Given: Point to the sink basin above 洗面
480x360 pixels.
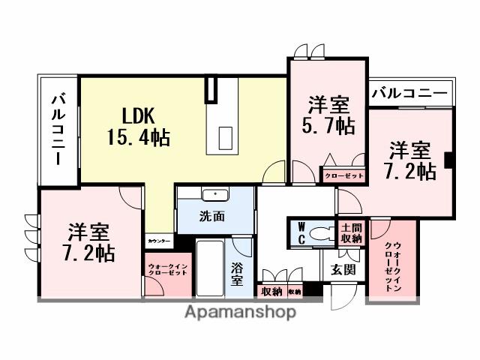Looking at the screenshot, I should click(215, 195).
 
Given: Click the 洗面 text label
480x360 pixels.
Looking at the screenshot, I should click(211, 217).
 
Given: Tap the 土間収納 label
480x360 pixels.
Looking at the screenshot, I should click(350, 232).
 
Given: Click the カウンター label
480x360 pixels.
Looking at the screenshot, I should click(159, 241).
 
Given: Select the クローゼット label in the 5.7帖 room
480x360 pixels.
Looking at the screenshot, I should click(343, 175).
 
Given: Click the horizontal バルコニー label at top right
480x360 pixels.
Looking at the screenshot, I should click(409, 94).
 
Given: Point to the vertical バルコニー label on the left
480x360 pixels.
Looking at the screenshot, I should click(58, 130).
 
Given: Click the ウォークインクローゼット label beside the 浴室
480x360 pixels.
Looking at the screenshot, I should click(166, 271).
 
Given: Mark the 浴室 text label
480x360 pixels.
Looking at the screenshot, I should click(238, 273).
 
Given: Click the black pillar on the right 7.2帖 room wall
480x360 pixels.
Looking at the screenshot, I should click(448, 160).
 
